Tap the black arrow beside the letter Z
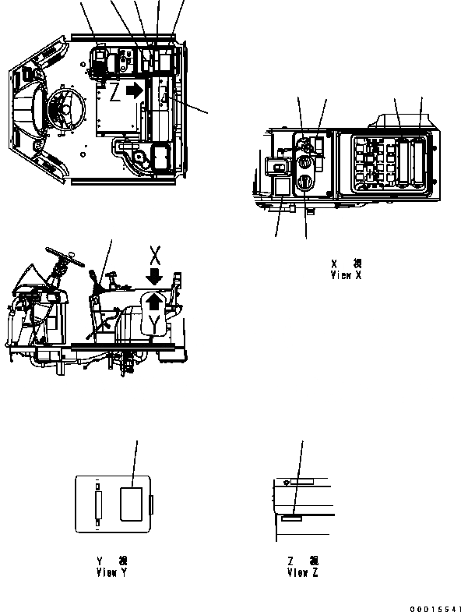[135, 90]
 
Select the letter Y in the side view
[156, 320]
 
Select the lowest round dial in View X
[304, 185]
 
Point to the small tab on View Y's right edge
[153, 505]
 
